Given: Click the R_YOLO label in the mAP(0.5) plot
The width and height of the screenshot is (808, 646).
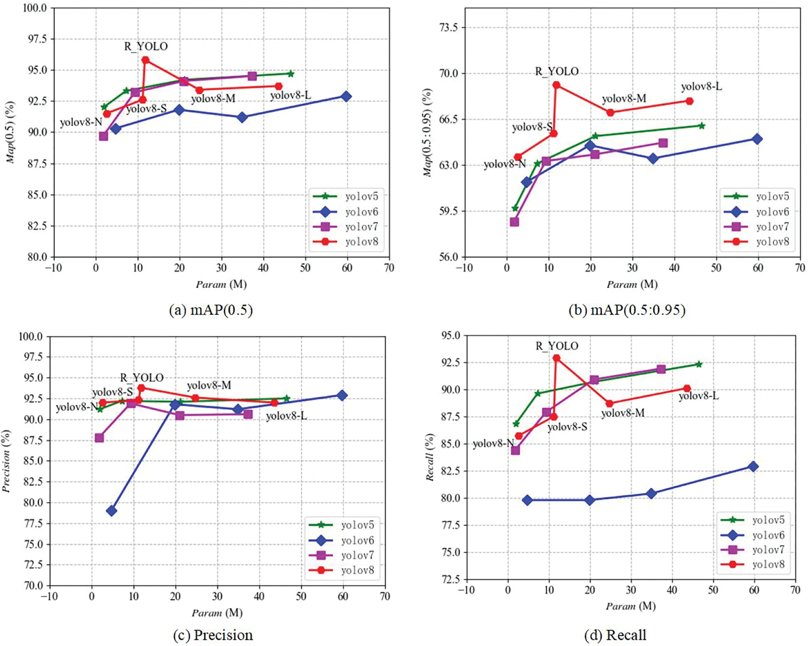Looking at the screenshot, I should tap(146, 47).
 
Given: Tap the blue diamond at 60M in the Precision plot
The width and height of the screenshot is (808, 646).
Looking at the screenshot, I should tap(341, 395).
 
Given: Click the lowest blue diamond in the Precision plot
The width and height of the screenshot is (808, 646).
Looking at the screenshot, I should tap(111, 511).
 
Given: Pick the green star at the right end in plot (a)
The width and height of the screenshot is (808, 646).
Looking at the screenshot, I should tap(290, 74).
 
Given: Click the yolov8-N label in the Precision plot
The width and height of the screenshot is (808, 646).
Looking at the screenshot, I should tap(77, 407).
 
